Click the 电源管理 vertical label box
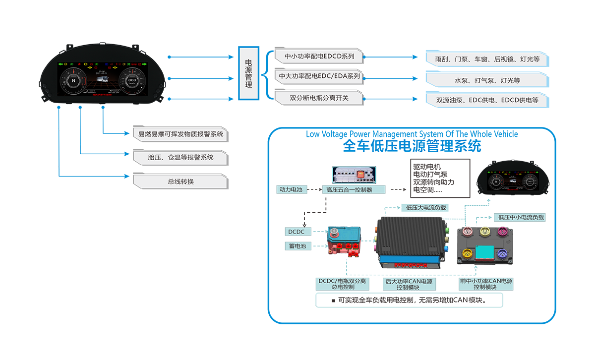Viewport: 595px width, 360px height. tap(249, 73)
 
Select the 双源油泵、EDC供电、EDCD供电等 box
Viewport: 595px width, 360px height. tap(487, 100)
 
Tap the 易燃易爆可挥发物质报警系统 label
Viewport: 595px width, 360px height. tap(180, 134)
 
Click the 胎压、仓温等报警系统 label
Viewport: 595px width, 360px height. tap(180, 157)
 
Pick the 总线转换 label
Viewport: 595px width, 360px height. tap(180, 181)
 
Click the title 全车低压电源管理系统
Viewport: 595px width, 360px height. tap(412, 147)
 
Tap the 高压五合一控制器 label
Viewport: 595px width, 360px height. tap(349, 189)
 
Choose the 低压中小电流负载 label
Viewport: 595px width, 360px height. tap(521, 217)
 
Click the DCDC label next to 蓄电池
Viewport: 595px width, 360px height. tap(297, 232)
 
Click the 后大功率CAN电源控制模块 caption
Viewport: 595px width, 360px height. tap(409, 284)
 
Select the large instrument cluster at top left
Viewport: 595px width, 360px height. tap(103, 79)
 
